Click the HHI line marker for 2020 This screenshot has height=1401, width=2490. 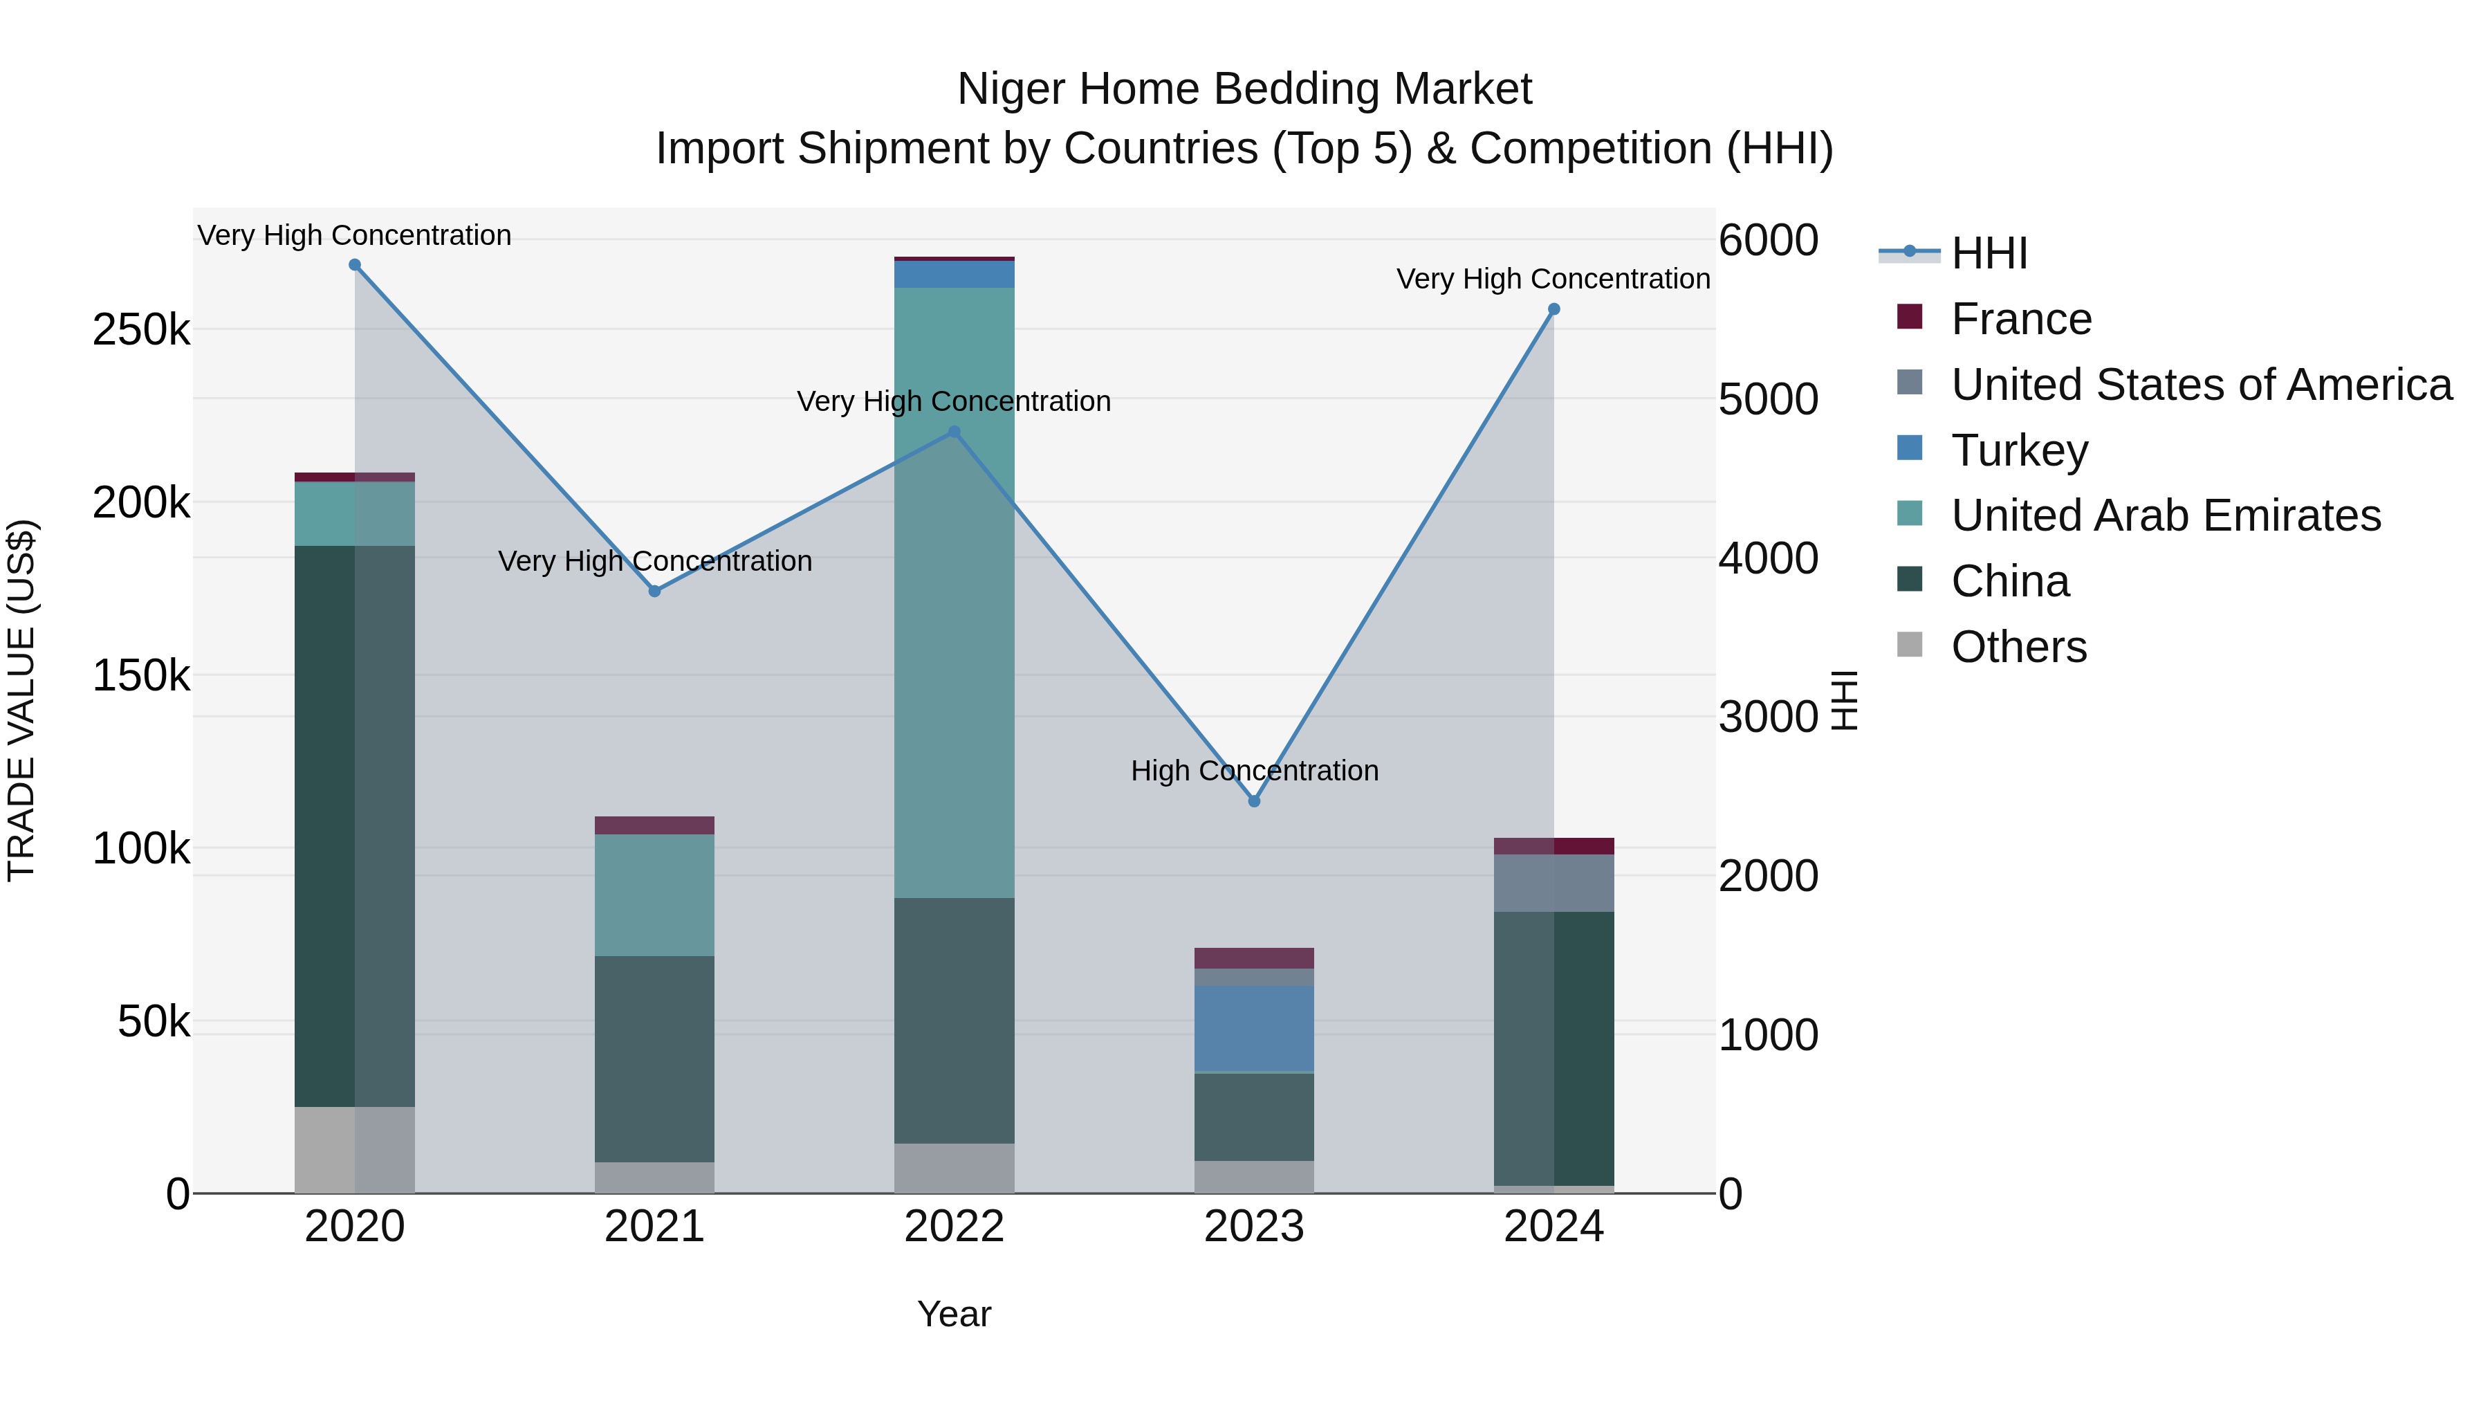[355, 265]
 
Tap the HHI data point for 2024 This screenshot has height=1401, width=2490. [1553, 309]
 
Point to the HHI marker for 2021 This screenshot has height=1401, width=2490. [654, 591]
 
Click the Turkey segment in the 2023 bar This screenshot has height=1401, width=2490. [1254, 1029]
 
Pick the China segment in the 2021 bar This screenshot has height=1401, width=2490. [654, 1059]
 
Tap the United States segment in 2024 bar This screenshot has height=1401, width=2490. [1553, 883]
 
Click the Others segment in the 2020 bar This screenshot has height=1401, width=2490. [355, 1150]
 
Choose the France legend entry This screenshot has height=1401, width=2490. [2020, 319]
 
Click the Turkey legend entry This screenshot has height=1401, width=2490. [2018, 450]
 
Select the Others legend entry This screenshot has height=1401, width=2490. [2018, 647]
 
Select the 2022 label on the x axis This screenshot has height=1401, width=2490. [954, 1227]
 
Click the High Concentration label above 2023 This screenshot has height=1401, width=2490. [1254, 771]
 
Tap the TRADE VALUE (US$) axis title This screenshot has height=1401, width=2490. [21, 700]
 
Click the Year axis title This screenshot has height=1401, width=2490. [954, 1314]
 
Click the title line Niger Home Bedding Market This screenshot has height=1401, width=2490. [1244, 89]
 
